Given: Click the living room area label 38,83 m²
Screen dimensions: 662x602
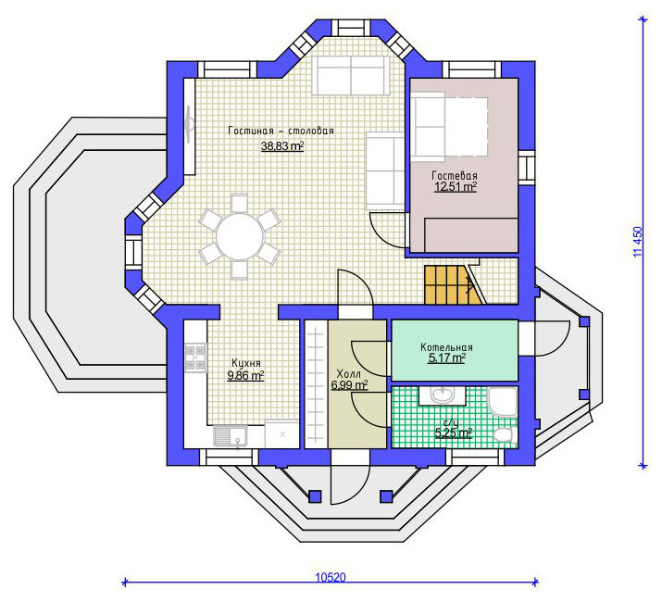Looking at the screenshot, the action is pos(282,146).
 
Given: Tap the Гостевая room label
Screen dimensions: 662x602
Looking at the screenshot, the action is pos(455,175).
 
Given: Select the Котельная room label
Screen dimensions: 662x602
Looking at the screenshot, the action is pos(446,347).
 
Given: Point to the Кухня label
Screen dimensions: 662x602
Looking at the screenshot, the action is pos(246,363).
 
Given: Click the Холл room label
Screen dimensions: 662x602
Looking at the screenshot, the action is pos(349,374).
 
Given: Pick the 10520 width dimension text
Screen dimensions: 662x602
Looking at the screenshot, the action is pos(331,577).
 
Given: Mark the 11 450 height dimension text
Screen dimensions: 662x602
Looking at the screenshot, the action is pos(638,242).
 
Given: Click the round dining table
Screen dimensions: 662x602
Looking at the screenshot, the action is pos(240,236).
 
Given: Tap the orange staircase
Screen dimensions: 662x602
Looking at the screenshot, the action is pos(454,284).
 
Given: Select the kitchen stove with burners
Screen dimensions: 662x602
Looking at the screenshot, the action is pos(195,357).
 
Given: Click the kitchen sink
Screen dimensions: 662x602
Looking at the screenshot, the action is pos(231,436).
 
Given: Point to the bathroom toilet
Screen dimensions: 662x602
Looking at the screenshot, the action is pos(506,434).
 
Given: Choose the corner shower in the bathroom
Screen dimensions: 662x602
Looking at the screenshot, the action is pos(503,402).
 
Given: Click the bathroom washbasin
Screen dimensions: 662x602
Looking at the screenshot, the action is pos(442,395).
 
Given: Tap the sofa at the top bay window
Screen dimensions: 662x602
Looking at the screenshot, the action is pos(351,75).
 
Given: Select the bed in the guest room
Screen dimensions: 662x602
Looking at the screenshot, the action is pos(451,126).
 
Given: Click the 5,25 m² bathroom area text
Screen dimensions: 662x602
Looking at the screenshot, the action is pos(453,433).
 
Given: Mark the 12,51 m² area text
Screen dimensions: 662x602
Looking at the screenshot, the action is pos(456,187).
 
